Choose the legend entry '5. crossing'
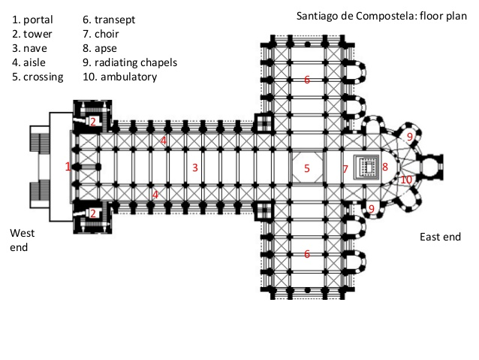pyautogui.click(x=38, y=77)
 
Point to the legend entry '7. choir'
pyautogui.click(x=103, y=34)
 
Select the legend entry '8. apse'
pyautogui.click(x=103, y=48)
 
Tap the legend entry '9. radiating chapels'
pyautogui.click(x=130, y=62)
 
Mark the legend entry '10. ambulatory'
pyautogui.click(x=120, y=77)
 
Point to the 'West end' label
pyautogui.click(x=23, y=240)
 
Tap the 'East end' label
pyautogui.click(x=440, y=237)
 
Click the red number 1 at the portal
pyautogui.click(x=68, y=167)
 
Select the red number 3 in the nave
pyautogui.click(x=194, y=168)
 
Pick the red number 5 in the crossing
pyautogui.click(x=307, y=168)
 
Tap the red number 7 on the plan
pyautogui.click(x=345, y=169)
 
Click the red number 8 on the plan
pyautogui.click(x=384, y=167)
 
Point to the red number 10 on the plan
pyautogui.click(x=405, y=180)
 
